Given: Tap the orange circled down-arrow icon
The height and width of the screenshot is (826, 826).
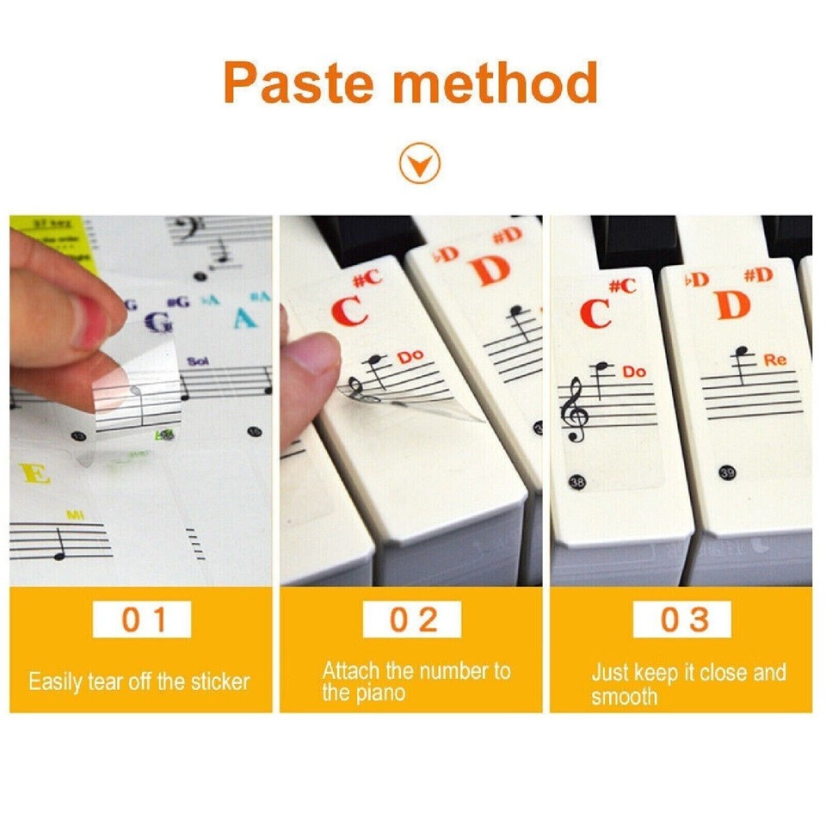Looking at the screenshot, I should (x=420, y=162).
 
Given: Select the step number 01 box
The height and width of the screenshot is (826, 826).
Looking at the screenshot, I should (x=142, y=619).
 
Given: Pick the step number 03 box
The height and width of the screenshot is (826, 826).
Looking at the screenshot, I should (x=682, y=619).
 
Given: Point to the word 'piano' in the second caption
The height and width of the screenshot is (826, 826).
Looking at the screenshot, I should (x=377, y=693).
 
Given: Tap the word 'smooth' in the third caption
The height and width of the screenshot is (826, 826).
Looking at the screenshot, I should (x=624, y=695).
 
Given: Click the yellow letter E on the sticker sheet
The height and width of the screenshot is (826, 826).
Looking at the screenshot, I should (x=34, y=473).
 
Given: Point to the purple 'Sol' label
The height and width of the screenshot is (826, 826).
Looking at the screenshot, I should (x=198, y=361).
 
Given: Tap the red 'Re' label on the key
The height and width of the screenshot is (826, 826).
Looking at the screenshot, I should (x=774, y=361).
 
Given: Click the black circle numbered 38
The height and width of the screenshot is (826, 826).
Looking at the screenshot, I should (x=577, y=483).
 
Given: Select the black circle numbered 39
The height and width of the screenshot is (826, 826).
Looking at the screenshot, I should (x=727, y=472).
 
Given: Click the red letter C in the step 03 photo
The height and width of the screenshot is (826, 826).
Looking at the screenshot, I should (x=595, y=313).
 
